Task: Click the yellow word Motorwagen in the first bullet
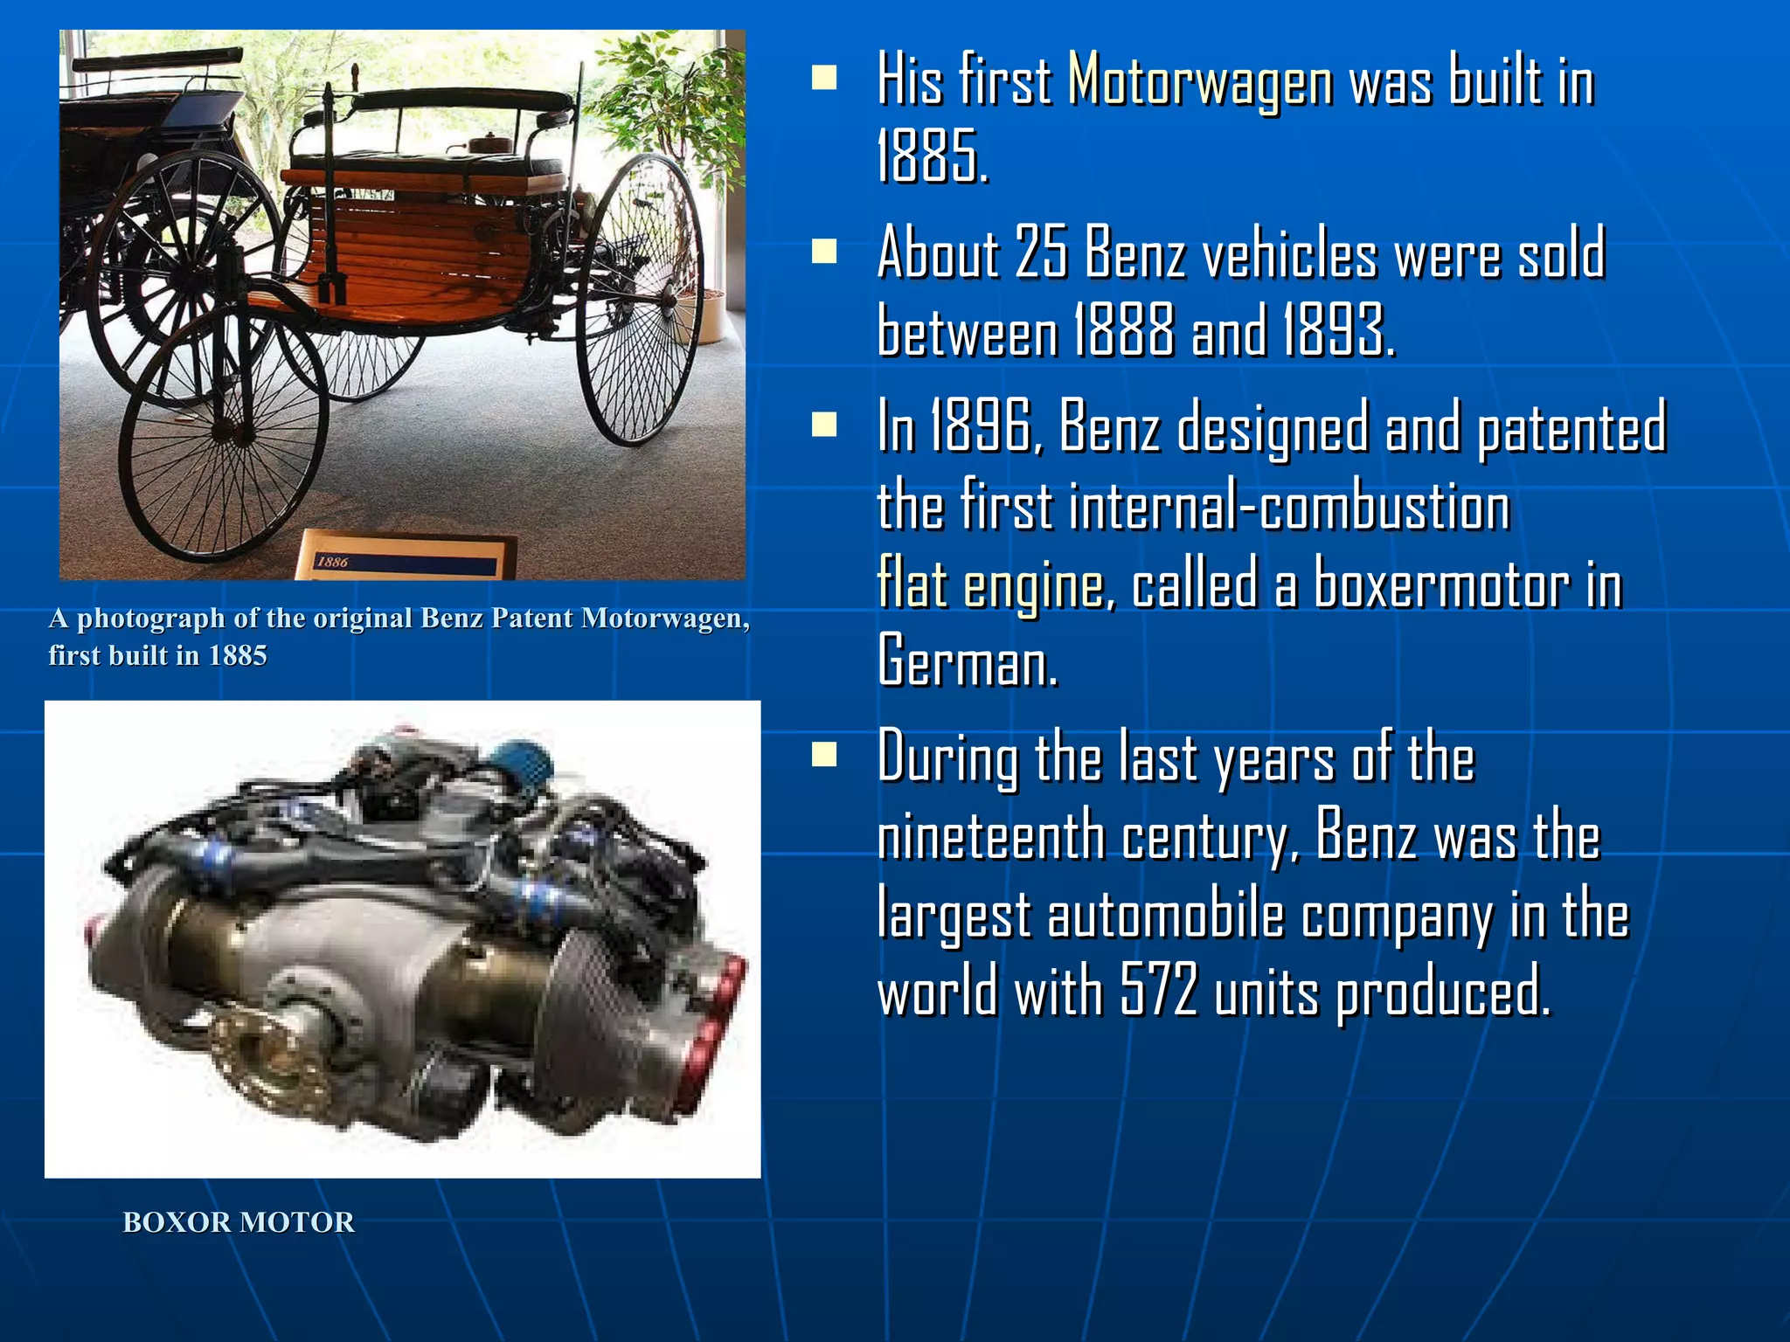1200,80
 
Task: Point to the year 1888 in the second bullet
1123,331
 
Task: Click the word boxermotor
1441,584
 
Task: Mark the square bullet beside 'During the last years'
823,754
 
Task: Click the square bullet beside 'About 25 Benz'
823,252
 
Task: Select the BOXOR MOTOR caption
239,1222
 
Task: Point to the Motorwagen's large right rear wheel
641,300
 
